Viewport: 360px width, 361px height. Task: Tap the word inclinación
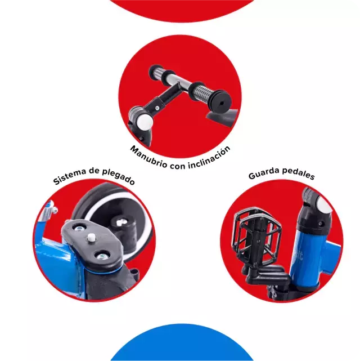pyautogui.click(x=210, y=158)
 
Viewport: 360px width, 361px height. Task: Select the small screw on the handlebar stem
pyautogui.click(x=157, y=108)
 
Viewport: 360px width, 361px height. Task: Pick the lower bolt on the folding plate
pyautogui.click(x=101, y=256)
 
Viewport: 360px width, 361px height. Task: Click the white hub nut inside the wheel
pyautogui.click(x=119, y=222)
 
